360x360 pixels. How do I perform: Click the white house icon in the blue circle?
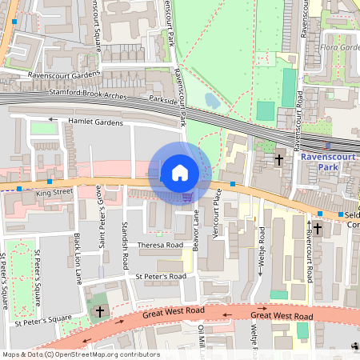[x=180, y=173]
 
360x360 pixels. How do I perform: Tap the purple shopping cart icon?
[x=187, y=197]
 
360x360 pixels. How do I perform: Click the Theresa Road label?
[x=162, y=246]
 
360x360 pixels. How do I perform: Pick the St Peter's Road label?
[x=160, y=276]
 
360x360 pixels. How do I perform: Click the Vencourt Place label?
[x=217, y=226]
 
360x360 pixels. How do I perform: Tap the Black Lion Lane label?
[x=78, y=259]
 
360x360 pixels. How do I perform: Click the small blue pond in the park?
[x=211, y=100]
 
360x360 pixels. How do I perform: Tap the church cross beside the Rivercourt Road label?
[x=317, y=229]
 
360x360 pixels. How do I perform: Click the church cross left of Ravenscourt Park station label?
[x=279, y=160]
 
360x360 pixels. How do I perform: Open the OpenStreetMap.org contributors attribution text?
[x=107, y=354]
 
